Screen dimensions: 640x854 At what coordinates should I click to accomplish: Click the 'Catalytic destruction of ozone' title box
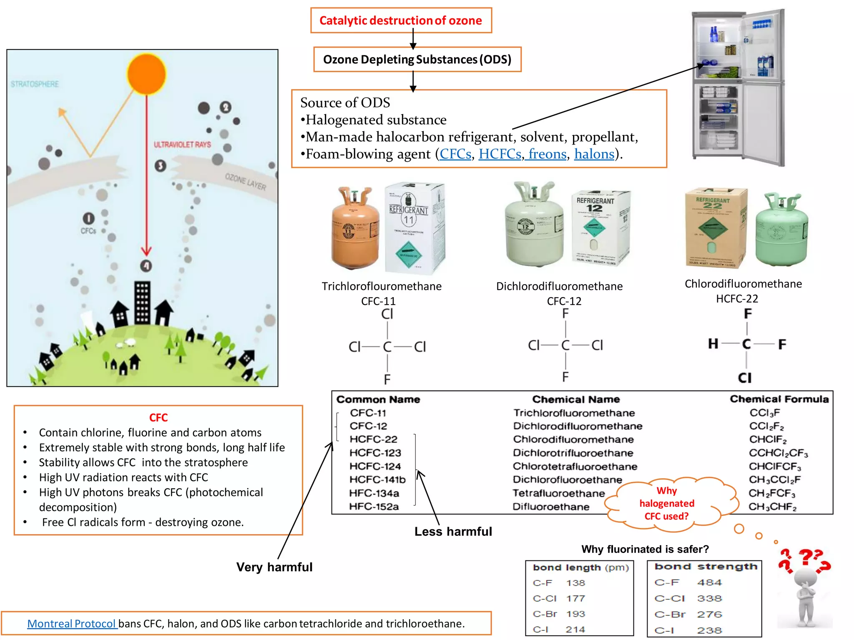click(401, 20)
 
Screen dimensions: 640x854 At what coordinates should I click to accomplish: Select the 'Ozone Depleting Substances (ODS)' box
click(417, 60)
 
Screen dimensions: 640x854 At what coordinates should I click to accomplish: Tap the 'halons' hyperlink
click(594, 154)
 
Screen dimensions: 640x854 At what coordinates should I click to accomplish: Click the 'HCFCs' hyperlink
click(500, 154)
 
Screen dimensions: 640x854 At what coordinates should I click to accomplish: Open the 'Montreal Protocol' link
click(71, 624)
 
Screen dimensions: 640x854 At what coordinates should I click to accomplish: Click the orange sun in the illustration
click(147, 74)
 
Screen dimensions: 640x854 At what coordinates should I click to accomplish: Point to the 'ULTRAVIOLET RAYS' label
click(182, 145)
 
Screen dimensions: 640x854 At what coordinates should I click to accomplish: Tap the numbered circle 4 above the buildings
click(146, 265)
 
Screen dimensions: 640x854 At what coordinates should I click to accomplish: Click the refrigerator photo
click(738, 87)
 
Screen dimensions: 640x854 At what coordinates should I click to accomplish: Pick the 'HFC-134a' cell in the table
click(374, 493)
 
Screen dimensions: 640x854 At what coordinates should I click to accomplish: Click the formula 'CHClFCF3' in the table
click(775, 466)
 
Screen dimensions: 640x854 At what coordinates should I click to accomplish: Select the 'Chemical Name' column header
click(576, 399)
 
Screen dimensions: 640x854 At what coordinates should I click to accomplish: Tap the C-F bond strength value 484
click(709, 582)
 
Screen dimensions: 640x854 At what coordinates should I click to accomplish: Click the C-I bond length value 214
click(575, 630)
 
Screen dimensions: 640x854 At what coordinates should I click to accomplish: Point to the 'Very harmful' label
click(274, 567)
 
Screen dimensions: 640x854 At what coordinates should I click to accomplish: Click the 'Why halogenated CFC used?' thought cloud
click(667, 503)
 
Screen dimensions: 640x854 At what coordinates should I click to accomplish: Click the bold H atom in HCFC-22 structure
click(713, 344)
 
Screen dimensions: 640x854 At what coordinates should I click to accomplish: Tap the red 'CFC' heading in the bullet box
click(158, 417)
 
